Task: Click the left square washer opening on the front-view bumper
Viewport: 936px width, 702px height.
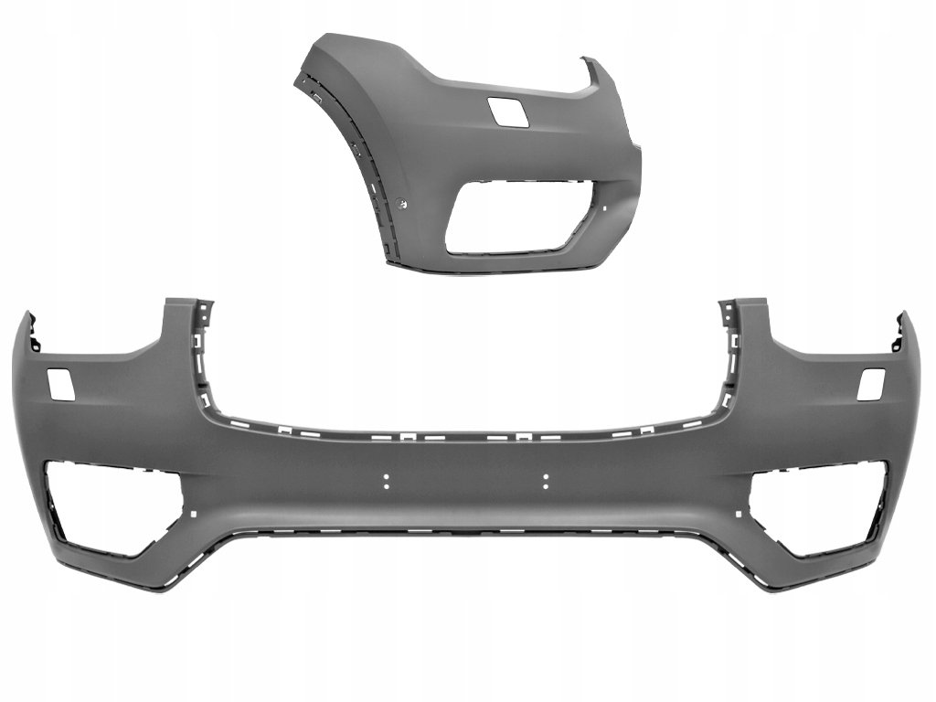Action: click(x=60, y=383)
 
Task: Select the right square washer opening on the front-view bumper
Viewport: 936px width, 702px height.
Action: click(x=871, y=383)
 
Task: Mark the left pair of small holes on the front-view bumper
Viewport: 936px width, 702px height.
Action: click(x=387, y=481)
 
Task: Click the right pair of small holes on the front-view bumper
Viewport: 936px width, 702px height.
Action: click(x=545, y=481)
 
